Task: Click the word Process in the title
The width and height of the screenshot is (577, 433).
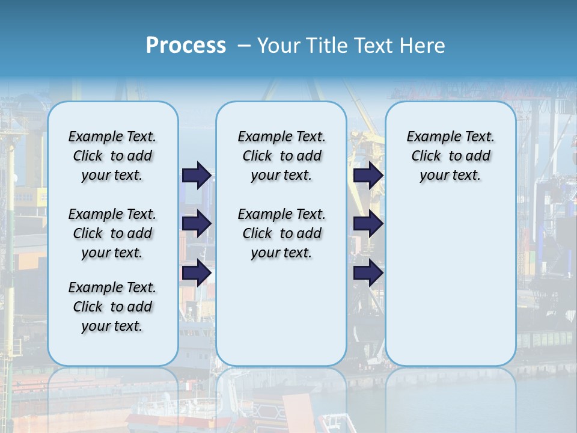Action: click(x=186, y=45)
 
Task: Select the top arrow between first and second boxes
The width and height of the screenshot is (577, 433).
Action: click(x=197, y=175)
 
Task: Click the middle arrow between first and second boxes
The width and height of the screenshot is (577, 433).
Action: click(x=197, y=224)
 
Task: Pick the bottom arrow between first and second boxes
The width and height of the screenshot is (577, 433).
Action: click(x=197, y=273)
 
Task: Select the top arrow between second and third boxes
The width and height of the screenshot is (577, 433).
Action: click(x=368, y=175)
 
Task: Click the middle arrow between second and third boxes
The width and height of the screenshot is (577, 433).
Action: click(x=368, y=224)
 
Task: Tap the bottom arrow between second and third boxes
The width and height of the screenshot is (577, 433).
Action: click(x=368, y=273)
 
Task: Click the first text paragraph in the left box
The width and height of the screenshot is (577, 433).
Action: click(x=112, y=156)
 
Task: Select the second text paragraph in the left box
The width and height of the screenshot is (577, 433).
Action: click(x=112, y=233)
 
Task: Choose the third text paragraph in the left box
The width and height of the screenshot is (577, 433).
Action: click(x=112, y=307)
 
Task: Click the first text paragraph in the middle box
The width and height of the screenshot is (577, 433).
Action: click(x=281, y=156)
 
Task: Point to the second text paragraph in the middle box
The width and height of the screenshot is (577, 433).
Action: click(x=281, y=233)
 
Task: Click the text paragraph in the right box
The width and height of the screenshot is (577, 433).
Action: click(x=451, y=156)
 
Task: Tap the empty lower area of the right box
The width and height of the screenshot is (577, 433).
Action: click(x=451, y=289)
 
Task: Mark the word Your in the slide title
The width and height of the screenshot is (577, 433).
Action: click(x=279, y=46)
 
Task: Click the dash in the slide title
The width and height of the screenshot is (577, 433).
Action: click(x=244, y=46)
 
